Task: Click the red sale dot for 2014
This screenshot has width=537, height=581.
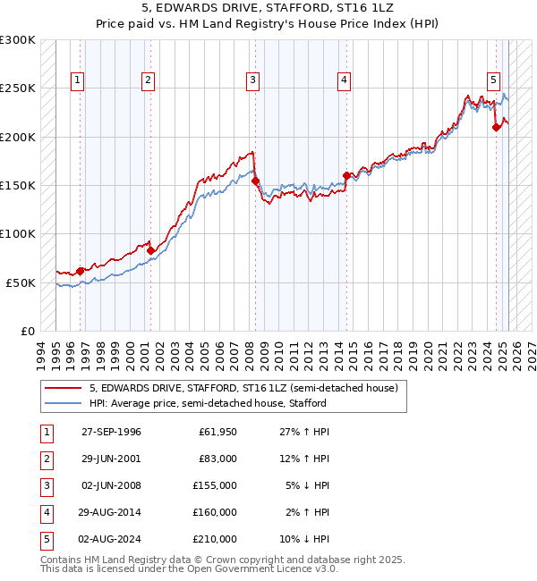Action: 346,175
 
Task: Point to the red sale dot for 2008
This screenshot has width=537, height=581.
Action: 255,181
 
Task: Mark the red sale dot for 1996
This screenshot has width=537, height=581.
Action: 81,270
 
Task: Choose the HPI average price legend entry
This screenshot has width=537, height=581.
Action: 208,403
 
